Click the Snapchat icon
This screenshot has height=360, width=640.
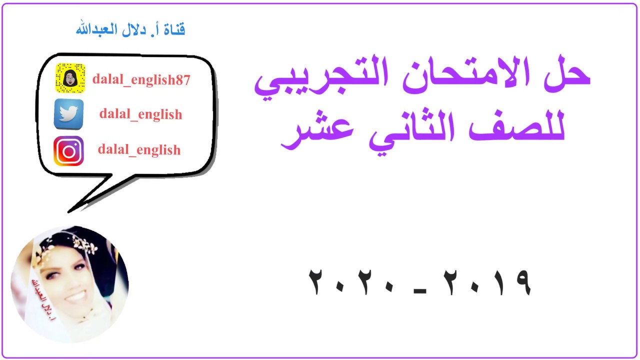coord(69,78)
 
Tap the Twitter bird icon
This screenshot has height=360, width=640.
coord(68,114)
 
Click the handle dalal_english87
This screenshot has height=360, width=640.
coord(141,79)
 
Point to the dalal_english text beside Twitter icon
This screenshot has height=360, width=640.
coord(140,114)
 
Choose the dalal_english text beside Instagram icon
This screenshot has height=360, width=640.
coord(139,149)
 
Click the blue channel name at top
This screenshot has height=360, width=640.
coord(130,29)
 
